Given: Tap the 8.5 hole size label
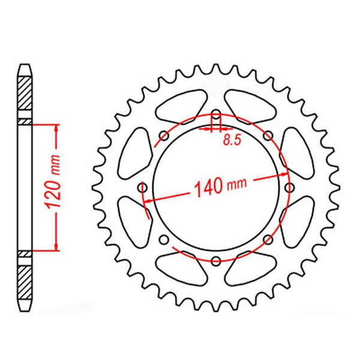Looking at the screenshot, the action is click(232, 140).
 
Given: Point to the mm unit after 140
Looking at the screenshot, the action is click(237, 184).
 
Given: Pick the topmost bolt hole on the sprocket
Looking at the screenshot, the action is click(216, 115).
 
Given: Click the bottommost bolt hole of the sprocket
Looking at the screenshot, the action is click(216, 261).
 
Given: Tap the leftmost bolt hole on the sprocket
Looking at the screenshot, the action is click(142, 188).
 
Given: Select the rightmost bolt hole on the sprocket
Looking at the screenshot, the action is click(290, 188).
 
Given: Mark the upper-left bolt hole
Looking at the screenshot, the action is click(164, 136).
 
